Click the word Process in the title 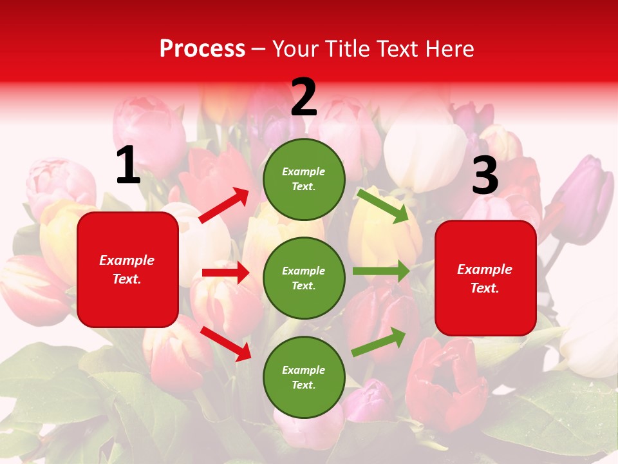[202, 49]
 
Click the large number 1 [128, 166]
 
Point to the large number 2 [304, 97]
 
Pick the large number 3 [485, 175]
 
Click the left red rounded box [127, 269]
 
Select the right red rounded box [485, 278]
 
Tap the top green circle [304, 179]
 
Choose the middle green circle [304, 278]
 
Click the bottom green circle [304, 377]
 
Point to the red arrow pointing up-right [224, 206]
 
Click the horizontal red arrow [225, 273]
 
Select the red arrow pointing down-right [226, 343]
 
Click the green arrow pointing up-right [379, 342]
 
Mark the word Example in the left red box [127, 260]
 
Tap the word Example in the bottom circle [303, 370]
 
